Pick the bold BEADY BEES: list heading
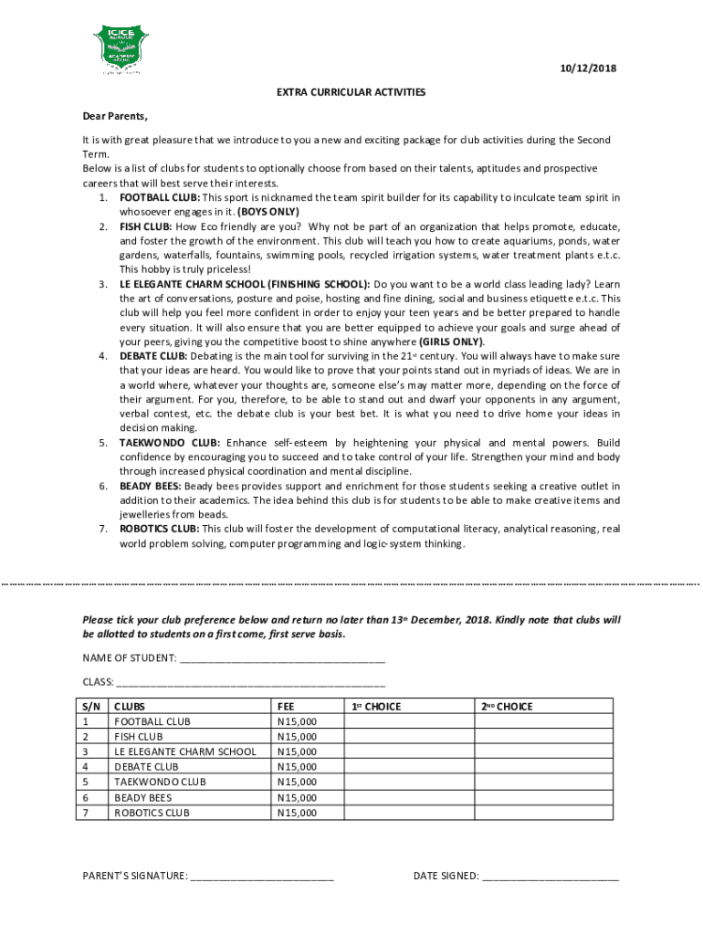click(x=150, y=486)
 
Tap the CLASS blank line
click(x=251, y=681)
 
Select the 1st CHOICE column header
click(x=376, y=707)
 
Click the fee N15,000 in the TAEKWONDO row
click(x=297, y=783)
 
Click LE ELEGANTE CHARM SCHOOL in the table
click(x=184, y=751)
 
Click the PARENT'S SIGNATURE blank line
click(x=262, y=877)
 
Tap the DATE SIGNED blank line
click(x=550, y=877)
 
